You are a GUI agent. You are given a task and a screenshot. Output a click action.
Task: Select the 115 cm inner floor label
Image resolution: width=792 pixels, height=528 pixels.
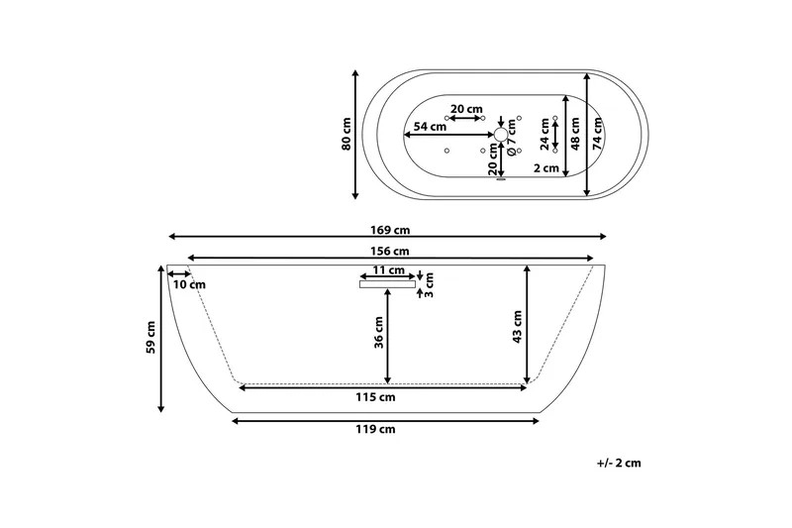[x=375, y=397]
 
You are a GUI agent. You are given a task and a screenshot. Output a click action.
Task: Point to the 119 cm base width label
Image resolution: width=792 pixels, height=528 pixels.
[x=375, y=430]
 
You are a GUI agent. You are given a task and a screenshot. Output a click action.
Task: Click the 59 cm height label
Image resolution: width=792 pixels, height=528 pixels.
[x=150, y=337]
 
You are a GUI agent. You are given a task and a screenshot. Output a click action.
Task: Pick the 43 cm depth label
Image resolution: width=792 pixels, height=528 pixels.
[x=517, y=327]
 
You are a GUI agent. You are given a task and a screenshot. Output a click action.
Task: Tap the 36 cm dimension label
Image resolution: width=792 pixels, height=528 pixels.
[x=379, y=333]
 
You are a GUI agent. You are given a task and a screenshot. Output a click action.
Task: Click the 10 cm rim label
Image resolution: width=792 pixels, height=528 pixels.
[x=189, y=284]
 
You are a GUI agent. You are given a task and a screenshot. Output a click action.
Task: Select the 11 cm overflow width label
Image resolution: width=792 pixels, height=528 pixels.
[x=389, y=270]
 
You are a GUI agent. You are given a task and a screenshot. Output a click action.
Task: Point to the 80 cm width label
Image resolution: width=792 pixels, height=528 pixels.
[x=346, y=134]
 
